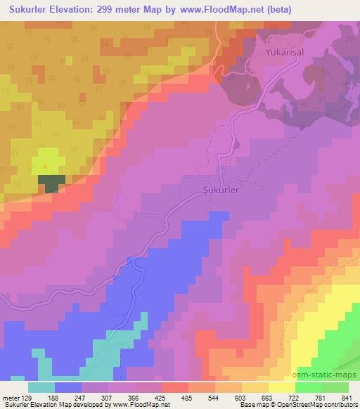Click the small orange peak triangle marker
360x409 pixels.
[x=46, y=166]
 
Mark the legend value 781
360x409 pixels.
[x=320, y=396]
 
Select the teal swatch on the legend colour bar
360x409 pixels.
[x=41, y=387]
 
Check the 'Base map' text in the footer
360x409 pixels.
[x=242, y=404]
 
